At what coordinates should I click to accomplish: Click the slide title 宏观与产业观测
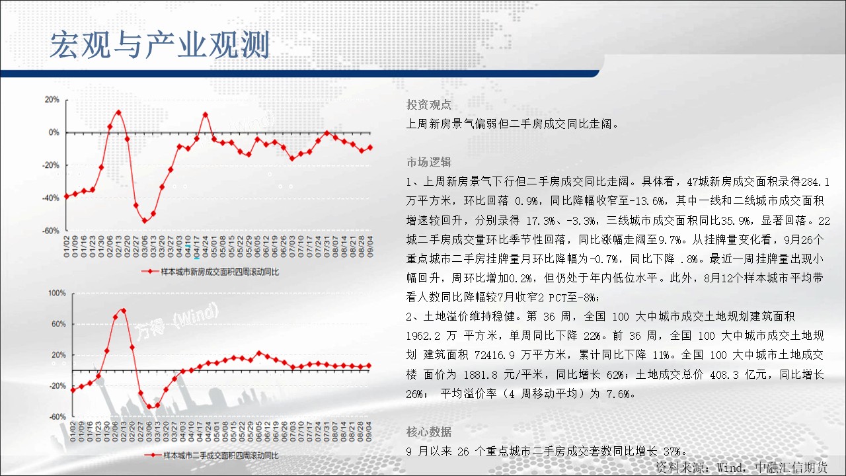point(160,45)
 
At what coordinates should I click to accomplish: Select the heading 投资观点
point(429,104)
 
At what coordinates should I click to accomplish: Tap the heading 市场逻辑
point(429,162)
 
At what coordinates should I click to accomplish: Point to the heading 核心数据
point(429,432)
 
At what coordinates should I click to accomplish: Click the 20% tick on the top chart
point(52,100)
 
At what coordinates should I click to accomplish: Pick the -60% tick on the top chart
point(51,231)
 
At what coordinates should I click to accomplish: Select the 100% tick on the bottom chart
point(57,293)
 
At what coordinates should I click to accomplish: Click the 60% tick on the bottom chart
point(59,324)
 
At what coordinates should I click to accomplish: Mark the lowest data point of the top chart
point(145,221)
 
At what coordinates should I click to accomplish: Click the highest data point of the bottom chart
point(124,311)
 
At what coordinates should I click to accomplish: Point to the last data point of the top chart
point(370,147)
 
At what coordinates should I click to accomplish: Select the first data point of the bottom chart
point(73,390)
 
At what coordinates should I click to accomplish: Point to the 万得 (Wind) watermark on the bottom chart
point(176,321)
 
